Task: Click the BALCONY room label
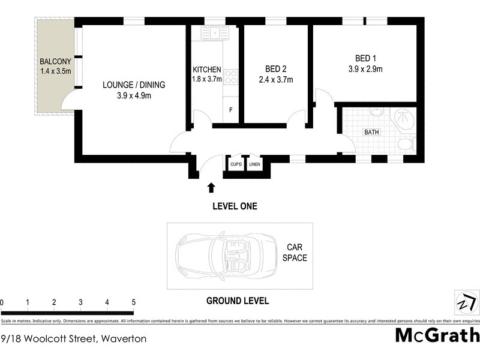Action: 55,62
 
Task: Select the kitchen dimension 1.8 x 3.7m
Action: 207,79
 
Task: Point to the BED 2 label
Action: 275,68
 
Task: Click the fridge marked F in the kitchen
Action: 231,110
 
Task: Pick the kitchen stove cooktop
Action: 231,77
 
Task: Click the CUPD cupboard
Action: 235,164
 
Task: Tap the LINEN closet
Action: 254,164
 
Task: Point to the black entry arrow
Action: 211,188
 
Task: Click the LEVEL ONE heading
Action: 235,206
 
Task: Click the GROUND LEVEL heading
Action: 238,301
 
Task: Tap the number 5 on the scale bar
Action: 134,302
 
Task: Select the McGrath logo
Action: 437,335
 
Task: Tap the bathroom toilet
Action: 406,143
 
